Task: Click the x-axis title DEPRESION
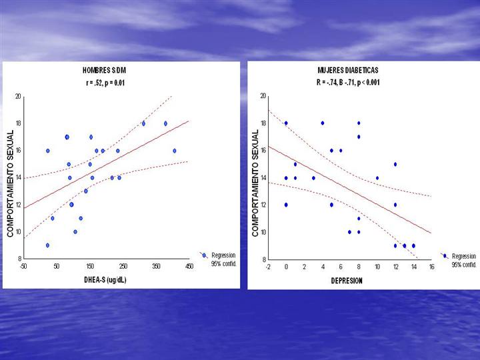[x=347, y=281]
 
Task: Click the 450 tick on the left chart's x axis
[x=189, y=266]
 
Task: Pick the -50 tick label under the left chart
[x=23, y=266]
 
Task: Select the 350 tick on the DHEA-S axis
[x=155, y=266]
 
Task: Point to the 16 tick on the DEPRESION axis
[x=431, y=267]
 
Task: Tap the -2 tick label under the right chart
[x=267, y=267]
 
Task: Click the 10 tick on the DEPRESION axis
[x=377, y=267]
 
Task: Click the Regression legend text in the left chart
[x=223, y=255]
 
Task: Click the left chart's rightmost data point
[x=175, y=151]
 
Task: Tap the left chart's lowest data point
[x=47, y=245]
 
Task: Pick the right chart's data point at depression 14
[x=413, y=245]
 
